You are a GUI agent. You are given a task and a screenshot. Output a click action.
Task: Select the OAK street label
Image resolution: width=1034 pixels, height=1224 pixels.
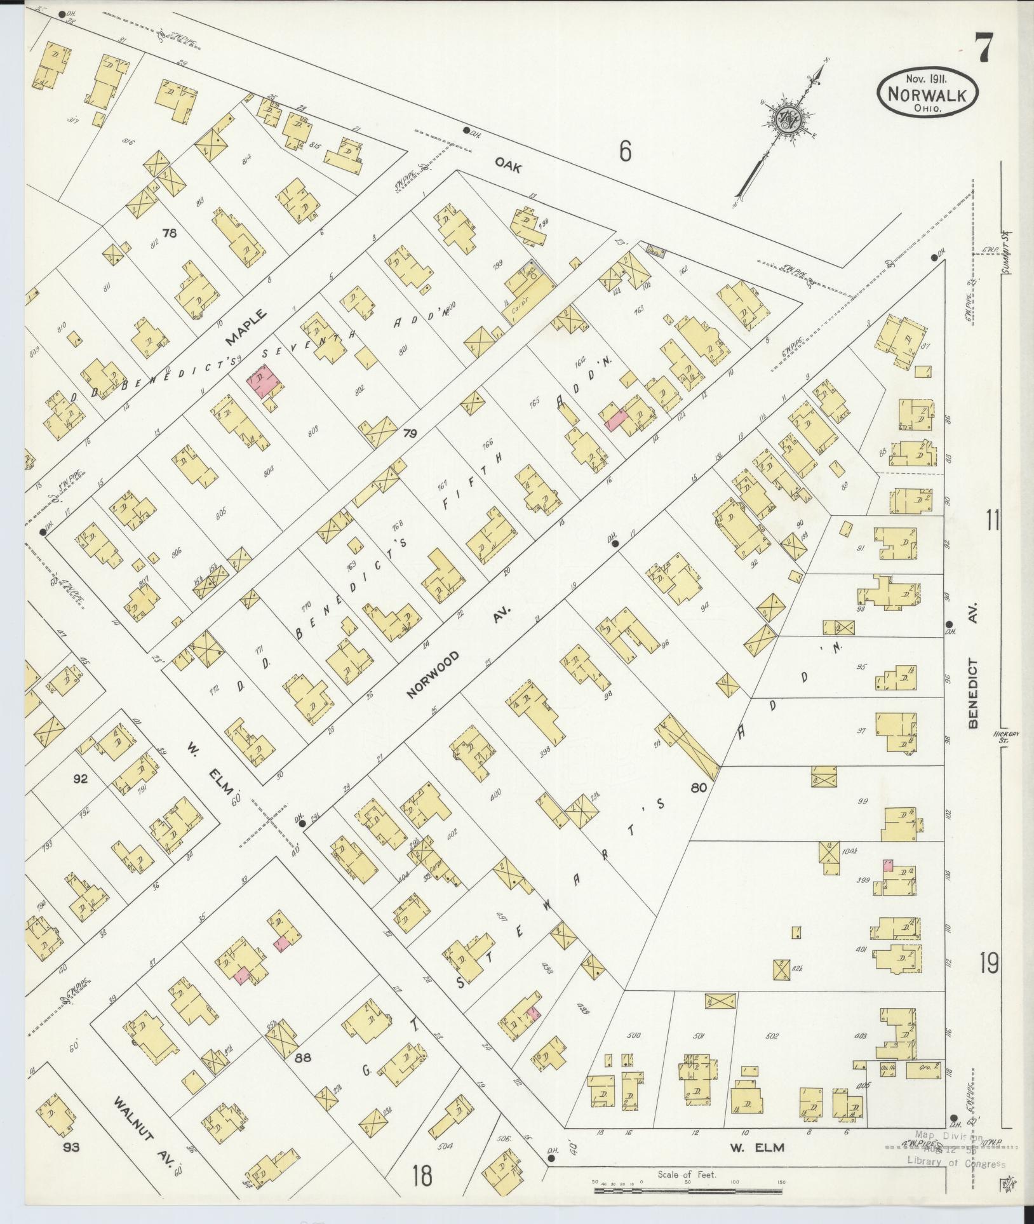tap(509, 167)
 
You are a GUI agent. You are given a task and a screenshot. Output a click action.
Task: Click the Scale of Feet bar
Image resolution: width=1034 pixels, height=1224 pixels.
tap(690, 1190)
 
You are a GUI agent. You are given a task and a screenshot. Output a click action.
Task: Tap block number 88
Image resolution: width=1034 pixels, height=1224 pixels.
tap(304, 1058)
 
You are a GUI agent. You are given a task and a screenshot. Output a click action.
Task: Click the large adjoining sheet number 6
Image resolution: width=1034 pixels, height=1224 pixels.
tap(625, 152)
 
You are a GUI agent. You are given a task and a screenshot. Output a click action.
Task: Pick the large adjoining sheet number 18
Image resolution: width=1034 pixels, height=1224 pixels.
tap(421, 1175)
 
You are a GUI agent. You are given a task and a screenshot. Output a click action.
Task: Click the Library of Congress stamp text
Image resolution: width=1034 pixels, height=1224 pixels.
tap(955, 1164)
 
